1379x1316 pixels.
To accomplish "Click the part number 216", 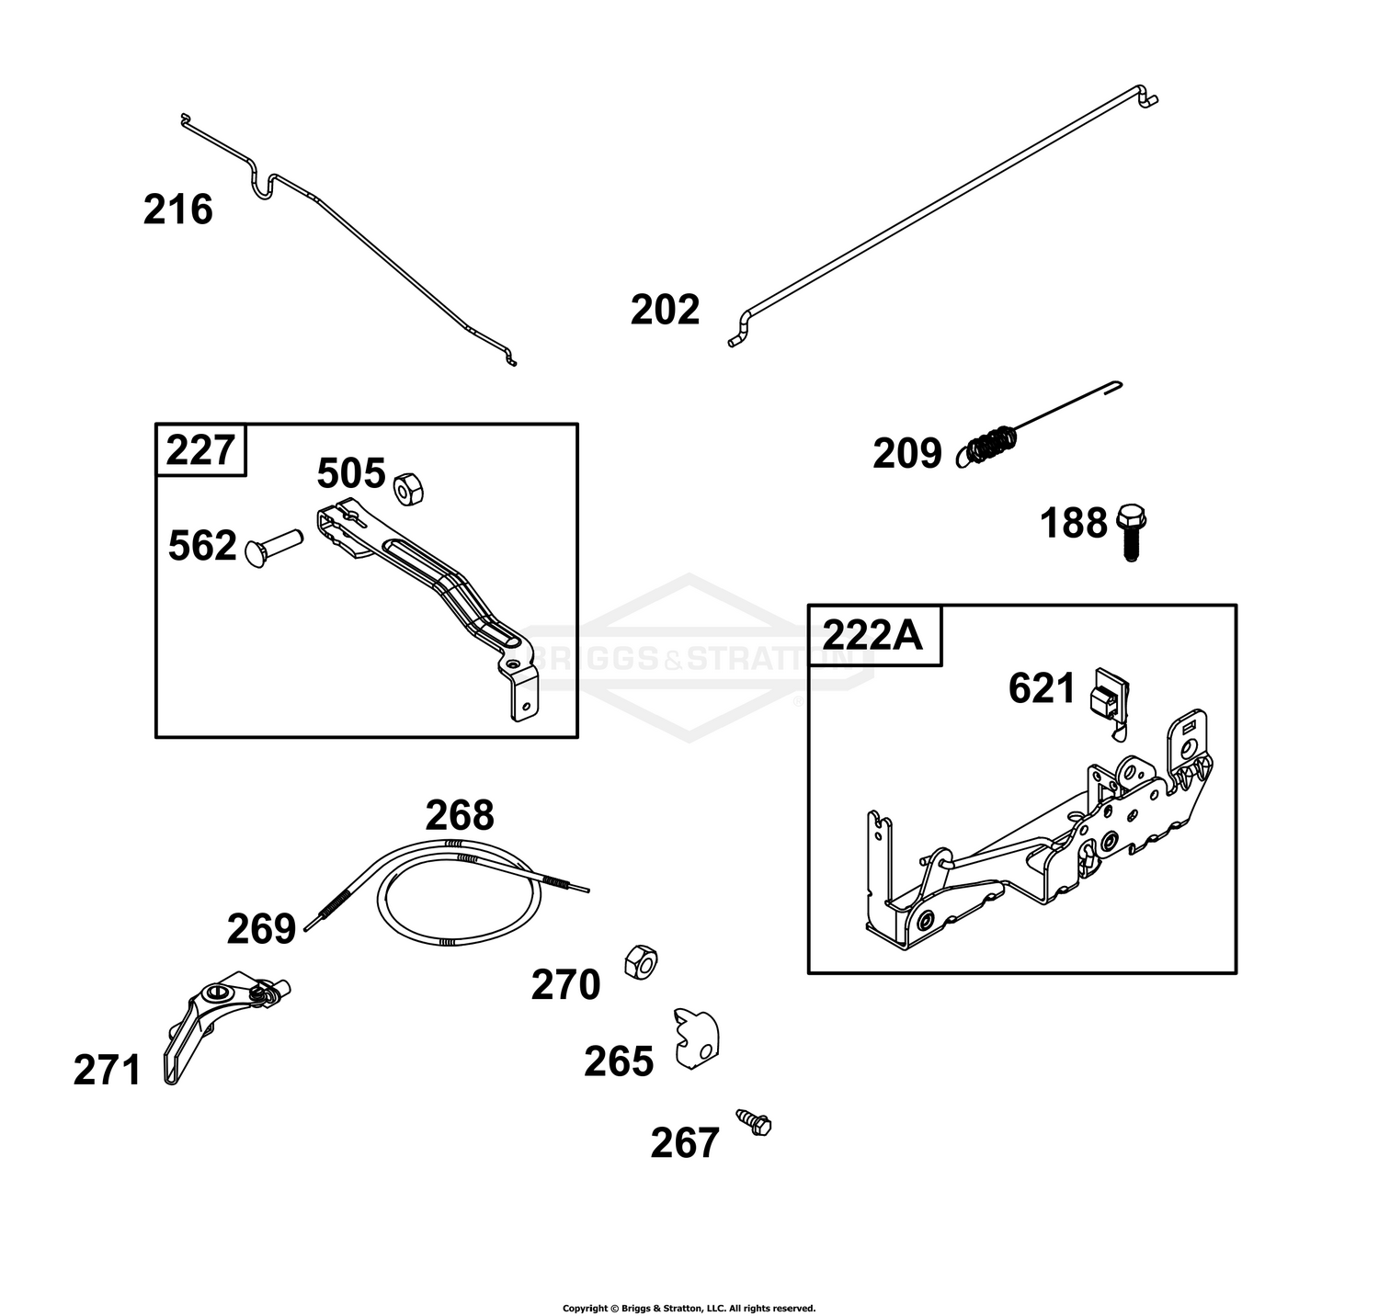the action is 177,210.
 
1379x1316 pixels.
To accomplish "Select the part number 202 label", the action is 665,310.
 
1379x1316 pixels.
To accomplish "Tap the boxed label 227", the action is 200,450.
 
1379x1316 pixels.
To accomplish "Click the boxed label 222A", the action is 872,634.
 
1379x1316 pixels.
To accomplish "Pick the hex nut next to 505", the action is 407,489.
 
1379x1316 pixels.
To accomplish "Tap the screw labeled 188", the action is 1131,532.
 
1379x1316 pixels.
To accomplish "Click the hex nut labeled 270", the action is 639,961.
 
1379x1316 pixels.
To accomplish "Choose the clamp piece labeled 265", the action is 697,1038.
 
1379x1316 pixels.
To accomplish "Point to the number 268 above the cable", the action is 459,815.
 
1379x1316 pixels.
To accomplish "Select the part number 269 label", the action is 261,929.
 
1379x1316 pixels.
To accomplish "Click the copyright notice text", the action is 689,1308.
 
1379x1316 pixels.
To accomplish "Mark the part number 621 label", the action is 1042,688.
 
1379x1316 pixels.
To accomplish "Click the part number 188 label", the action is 1073,524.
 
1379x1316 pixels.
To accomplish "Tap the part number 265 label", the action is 619,1061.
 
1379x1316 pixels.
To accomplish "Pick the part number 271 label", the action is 108,1071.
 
